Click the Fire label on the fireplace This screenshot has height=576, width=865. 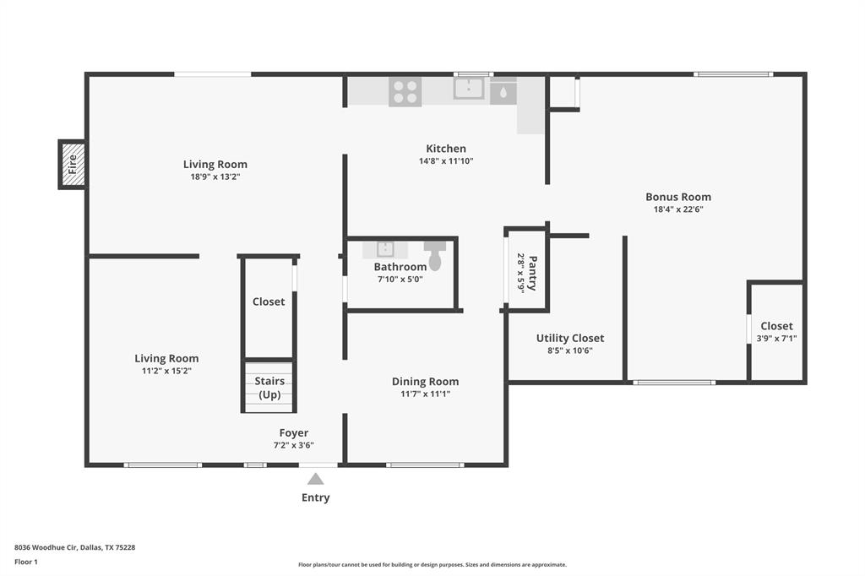pos(72,164)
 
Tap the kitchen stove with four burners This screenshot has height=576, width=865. pos(405,91)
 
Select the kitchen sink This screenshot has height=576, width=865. pos(468,88)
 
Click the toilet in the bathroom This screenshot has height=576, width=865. pos(435,255)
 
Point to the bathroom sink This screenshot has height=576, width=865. pos(384,249)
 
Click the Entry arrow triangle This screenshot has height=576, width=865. pos(315,479)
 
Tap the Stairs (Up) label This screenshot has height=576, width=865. pos(269,388)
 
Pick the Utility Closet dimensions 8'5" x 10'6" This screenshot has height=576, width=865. pos(570,350)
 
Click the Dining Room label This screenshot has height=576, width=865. pos(425,381)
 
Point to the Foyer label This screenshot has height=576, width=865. pos(294,432)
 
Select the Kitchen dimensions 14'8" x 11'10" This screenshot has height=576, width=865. pos(446,160)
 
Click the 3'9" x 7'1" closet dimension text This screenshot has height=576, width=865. pos(776,338)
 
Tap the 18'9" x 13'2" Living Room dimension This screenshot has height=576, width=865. pos(215,177)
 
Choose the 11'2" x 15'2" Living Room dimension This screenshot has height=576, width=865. pos(166,370)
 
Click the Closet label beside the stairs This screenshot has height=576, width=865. pos(269,302)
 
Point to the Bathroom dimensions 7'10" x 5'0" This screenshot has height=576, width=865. pos(400,279)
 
